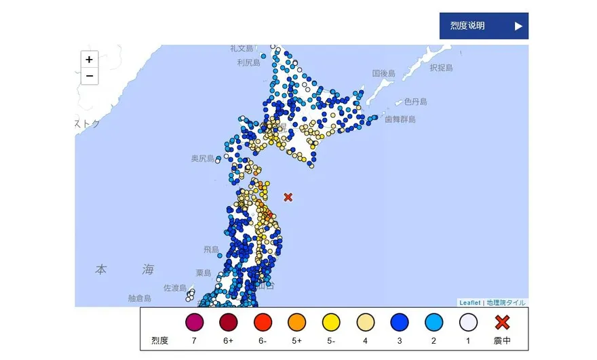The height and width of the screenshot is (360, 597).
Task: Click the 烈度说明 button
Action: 483,26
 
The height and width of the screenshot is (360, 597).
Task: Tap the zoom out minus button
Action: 89,76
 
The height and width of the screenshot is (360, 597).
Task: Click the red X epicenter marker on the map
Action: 288,197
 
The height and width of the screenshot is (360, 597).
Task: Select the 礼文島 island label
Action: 242,48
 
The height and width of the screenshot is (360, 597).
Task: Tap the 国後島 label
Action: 383,73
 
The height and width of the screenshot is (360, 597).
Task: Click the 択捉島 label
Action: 440,68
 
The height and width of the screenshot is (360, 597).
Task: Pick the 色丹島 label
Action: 415,102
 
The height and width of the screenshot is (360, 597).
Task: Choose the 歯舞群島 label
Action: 400,119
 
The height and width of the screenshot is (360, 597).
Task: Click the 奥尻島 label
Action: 202,158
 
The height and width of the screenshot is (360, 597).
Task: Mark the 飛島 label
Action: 211,249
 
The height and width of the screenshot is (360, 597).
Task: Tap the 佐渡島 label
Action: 175,288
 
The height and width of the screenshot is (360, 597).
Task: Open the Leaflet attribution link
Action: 469,302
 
